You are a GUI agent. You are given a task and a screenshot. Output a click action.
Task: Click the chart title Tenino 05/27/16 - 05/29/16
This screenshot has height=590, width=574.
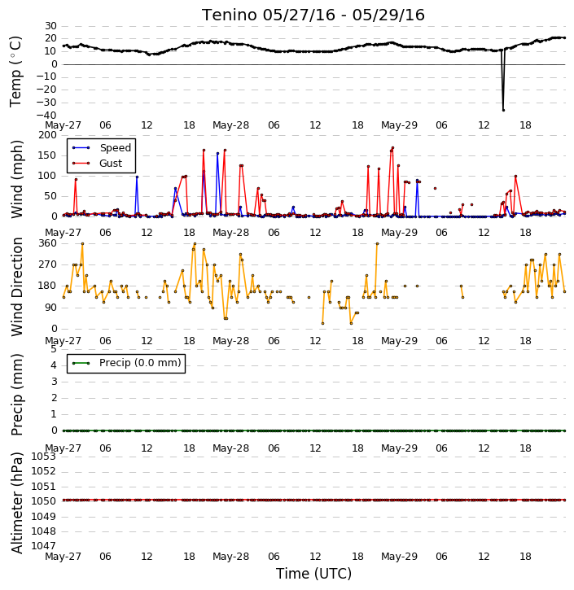313,15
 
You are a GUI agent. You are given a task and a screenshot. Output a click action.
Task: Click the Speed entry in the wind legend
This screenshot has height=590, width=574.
102,148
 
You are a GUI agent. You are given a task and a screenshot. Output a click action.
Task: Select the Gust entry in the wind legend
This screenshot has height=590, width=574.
98,164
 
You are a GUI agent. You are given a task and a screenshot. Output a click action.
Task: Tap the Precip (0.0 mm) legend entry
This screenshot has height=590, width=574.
127,363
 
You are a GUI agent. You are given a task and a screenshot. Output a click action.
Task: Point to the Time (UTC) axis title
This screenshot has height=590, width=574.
313,574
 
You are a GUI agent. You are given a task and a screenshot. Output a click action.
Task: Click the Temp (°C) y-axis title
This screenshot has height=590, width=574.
15,72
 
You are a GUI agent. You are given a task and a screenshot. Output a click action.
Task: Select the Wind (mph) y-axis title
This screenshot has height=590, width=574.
16,179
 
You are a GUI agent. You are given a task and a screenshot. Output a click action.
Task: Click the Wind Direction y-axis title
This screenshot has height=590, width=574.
16,286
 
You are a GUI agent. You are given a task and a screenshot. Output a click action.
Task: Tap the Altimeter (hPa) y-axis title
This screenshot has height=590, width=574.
16,503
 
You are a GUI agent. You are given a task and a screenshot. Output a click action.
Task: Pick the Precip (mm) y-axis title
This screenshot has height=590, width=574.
16,395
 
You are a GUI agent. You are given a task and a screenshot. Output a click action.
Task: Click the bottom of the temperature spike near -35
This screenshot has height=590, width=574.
503,110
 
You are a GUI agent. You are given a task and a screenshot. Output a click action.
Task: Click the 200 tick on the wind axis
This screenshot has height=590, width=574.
48,135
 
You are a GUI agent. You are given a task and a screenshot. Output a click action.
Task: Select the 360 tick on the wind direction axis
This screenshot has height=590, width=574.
48,243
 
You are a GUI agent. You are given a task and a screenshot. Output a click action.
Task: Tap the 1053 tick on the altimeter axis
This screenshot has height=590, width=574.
43,457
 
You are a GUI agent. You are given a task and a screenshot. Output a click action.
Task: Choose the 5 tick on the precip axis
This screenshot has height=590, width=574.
54,349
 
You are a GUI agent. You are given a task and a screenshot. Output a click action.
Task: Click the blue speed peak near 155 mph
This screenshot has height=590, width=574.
217,153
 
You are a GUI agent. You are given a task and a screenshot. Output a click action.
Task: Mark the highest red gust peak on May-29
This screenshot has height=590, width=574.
392,147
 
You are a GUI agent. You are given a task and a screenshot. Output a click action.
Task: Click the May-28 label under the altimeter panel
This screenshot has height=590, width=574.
230,556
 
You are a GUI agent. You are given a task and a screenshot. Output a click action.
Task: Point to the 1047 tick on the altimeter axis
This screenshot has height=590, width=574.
43,546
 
